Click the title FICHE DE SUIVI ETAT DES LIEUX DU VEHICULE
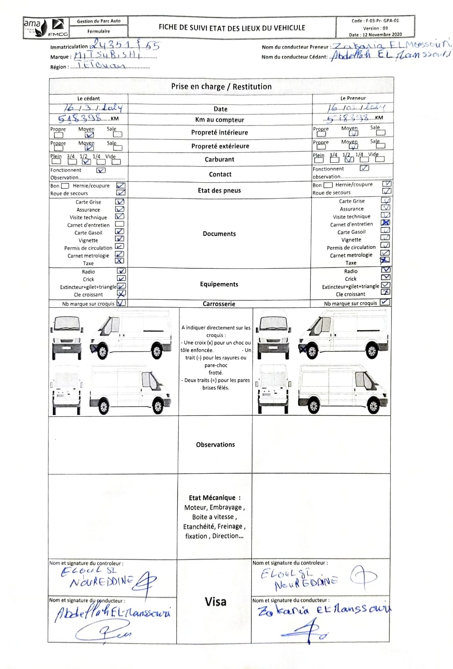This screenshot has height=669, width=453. [232, 28]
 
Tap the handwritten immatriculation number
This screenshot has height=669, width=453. [126, 45]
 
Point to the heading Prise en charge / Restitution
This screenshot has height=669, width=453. [221, 87]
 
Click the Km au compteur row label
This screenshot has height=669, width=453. [220, 120]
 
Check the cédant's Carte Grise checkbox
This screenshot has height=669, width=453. [120, 202]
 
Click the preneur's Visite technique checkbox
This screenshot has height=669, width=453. [385, 215]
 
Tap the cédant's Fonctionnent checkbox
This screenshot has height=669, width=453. [101, 170]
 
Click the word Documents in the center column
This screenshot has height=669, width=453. [219, 234]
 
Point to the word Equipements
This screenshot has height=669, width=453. [219, 284]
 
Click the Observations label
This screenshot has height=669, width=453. [215, 444]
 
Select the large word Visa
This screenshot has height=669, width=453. [215, 602]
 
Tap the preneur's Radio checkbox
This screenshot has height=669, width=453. [386, 270]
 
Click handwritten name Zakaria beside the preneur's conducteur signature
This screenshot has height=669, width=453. [283, 611]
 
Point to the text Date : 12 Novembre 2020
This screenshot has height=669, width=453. [375, 35]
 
